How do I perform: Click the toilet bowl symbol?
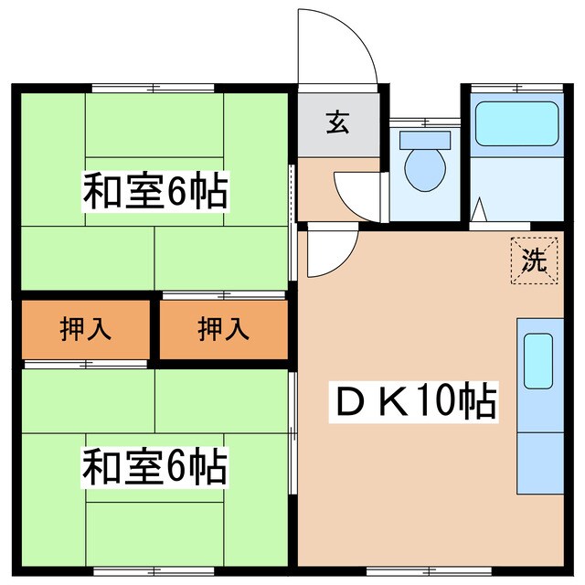(425, 168)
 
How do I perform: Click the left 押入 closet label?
(86, 329)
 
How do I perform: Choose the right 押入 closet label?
(224, 329)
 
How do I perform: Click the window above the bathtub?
(516, 88)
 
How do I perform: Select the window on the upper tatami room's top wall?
(153, 88)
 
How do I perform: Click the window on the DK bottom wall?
(430, 570)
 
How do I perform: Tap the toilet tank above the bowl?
(426, 139)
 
